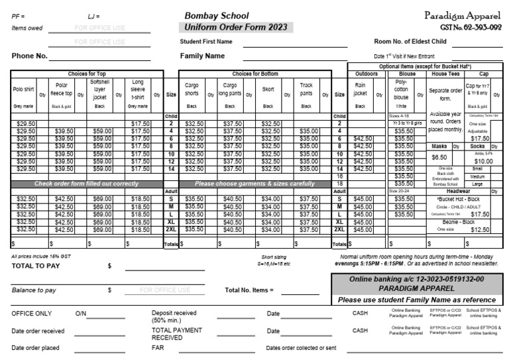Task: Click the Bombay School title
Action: click(216, 15)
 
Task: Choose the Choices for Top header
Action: click(87, 74)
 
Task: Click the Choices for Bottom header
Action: click(255, 74)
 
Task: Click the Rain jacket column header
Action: click(360, 90)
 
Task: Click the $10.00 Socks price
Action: click(483, 160)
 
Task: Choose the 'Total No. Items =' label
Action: click(249, 290)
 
